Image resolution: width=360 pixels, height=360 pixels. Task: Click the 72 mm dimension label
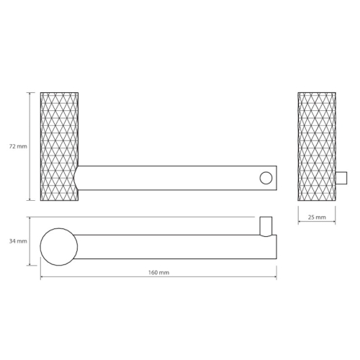pos(18,146)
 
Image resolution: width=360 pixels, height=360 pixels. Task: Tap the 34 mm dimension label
pos(18,241)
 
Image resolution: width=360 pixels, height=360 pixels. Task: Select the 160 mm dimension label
pos(158,272)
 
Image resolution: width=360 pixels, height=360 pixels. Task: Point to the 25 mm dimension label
pos(317,217)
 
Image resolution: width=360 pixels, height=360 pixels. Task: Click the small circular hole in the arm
pos(266,178)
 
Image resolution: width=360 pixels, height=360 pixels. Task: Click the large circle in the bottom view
pos(59,247)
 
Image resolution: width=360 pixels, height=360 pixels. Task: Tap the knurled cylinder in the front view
pos(59,146)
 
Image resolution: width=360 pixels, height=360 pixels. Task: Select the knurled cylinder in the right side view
pos(317,146)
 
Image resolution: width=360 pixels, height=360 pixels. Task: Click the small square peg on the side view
pos(341,178)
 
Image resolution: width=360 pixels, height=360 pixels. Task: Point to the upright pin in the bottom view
pos(266,227)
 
